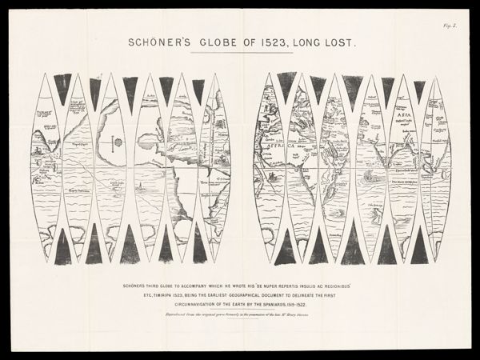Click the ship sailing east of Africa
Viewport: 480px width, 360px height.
pos(367,174)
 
